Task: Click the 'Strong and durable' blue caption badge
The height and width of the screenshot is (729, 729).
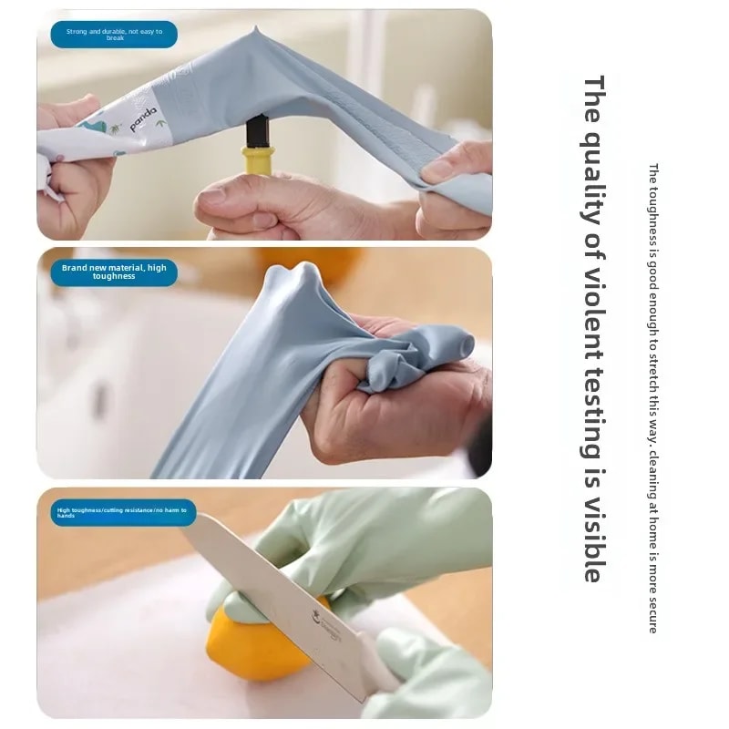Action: [115, 35]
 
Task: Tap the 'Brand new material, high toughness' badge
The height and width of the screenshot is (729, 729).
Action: [114, 272]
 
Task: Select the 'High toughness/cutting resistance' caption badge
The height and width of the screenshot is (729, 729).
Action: [122, 512]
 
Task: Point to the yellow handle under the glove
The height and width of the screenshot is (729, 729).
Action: [258, 159]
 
